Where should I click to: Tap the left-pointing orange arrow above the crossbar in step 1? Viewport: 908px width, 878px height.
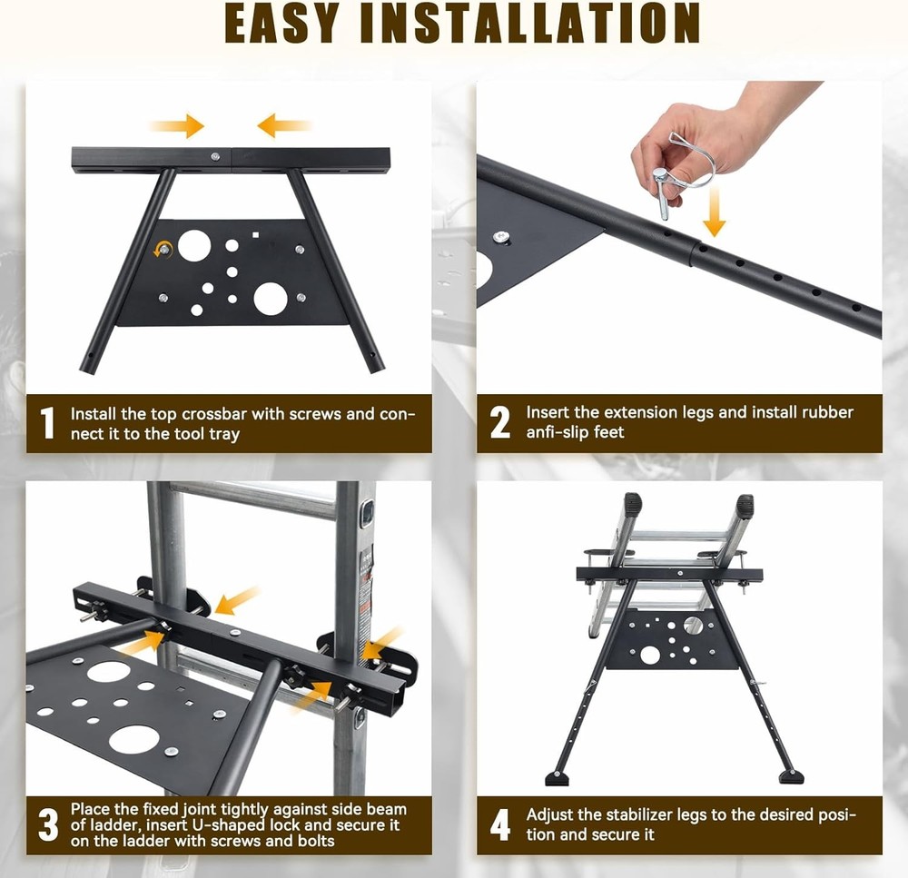pos(283,125)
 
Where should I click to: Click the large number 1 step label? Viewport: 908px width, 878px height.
pos(47,423)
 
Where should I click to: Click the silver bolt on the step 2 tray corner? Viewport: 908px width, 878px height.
pos(499,237)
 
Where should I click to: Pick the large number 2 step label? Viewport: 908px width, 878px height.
pos(499,423)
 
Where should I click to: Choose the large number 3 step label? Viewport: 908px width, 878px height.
pos(47,824)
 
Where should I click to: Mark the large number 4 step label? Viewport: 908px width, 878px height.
pos(499,824)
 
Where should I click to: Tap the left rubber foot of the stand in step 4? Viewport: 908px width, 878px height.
pos(557,778)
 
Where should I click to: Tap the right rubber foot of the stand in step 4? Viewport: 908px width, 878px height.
pos(791,777)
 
